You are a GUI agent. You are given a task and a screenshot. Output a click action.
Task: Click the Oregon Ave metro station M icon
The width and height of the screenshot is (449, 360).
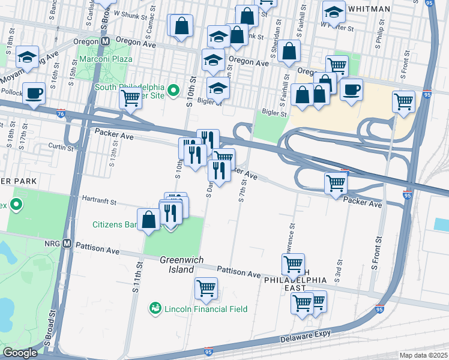(x=105, y=41)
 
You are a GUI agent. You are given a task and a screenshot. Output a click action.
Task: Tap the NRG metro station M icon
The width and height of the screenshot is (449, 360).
(x=67, y=244)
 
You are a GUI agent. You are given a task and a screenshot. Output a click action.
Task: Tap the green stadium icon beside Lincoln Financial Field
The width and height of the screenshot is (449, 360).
(x=155, y=308)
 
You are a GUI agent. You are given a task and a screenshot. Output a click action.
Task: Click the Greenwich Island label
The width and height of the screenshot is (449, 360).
(x=181, y=264)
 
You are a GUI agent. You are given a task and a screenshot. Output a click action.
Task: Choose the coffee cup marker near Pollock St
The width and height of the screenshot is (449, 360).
(x=33, y=94)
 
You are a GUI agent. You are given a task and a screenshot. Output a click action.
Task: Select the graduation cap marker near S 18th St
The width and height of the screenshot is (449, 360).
(x=27, y=56)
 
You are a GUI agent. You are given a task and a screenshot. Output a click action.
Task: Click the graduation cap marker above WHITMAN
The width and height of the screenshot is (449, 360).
(x=334, y=11)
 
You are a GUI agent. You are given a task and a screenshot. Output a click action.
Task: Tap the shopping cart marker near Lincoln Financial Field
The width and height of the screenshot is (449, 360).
(x=206, y=288)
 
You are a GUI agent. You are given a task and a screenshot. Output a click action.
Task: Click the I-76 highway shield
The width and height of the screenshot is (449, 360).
(x=61, y=113)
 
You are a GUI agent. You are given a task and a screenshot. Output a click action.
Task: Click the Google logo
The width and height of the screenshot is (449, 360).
(x=19, y=353)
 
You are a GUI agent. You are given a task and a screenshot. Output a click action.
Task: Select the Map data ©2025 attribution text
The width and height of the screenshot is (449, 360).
(x=423, y=355)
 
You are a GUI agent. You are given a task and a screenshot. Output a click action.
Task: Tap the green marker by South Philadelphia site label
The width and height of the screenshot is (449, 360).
(x=173, y=91)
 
